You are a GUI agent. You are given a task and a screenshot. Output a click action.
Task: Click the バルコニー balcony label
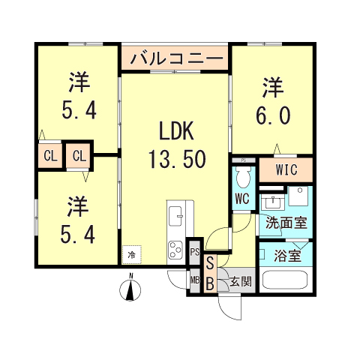click(x=176, y=58)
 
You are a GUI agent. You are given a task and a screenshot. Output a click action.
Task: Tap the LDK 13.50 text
click(x=177, y=145)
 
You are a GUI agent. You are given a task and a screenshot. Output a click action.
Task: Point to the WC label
click(x=241, y=199)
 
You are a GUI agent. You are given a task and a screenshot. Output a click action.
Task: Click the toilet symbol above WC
click(x=241, y=178)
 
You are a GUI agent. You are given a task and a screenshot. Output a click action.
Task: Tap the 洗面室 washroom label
click(x=285, y=223)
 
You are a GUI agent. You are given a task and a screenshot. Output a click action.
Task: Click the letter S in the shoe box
click(x=210, y=263)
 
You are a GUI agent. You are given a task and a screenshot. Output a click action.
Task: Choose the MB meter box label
click(x=194, y=282)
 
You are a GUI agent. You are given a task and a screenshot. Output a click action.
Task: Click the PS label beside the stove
click(x=194, y=252)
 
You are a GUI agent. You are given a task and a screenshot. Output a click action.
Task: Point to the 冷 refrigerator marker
click(x=132, y=254)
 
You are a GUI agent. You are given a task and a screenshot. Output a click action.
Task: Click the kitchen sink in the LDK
click(x=176, y=217)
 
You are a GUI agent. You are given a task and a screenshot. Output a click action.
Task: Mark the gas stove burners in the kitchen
click(x=176, y=248)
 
